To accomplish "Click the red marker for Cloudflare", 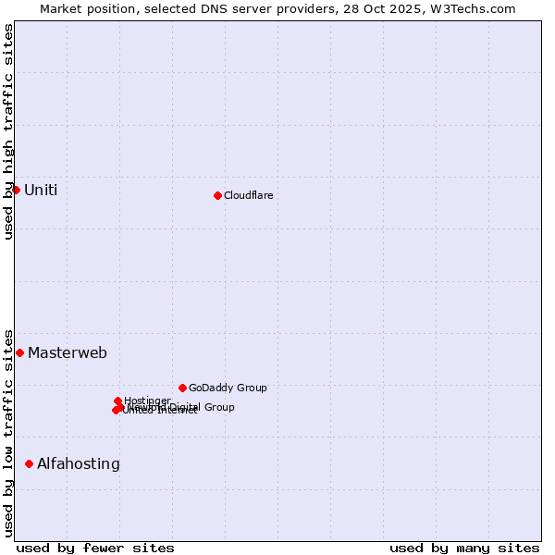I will point(217,195).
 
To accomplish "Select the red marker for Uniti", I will point(16,190).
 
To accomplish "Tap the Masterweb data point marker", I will point(19,352).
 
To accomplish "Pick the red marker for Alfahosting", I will point(29,463).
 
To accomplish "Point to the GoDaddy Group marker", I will point(182,388).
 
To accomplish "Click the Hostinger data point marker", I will point(117,401).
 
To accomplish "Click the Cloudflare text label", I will point(248,195).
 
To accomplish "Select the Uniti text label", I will point(41,191).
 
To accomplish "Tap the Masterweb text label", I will point(68,353).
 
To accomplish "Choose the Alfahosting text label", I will point(79,464).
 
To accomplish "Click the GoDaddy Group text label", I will point(228,388).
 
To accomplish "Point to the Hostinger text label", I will point(147,401).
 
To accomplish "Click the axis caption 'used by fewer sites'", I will point(95,548).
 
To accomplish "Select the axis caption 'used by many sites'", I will point(464,548).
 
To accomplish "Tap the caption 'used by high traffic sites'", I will point(9,131).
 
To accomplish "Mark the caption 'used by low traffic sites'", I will point(9,432).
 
